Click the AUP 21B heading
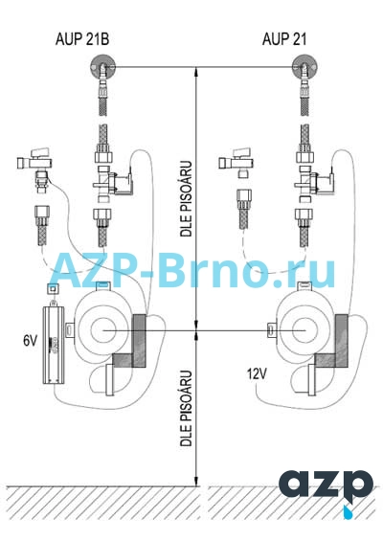click(82, 39)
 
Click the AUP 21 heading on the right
click(284, 39)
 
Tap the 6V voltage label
click(30, 341)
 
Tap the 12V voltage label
click(257, 373)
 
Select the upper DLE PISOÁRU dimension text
click(187, 198)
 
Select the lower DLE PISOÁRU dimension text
click(187, 409)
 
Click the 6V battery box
click(53, 345)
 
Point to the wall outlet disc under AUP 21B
click(102, 67)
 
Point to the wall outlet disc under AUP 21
click(304, 67)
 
